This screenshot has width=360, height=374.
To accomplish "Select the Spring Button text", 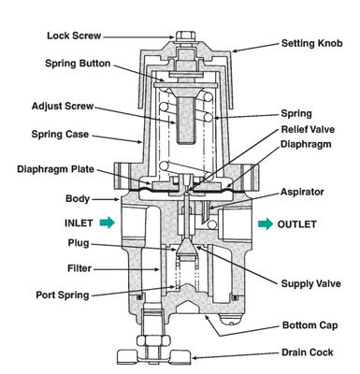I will [82, 64].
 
